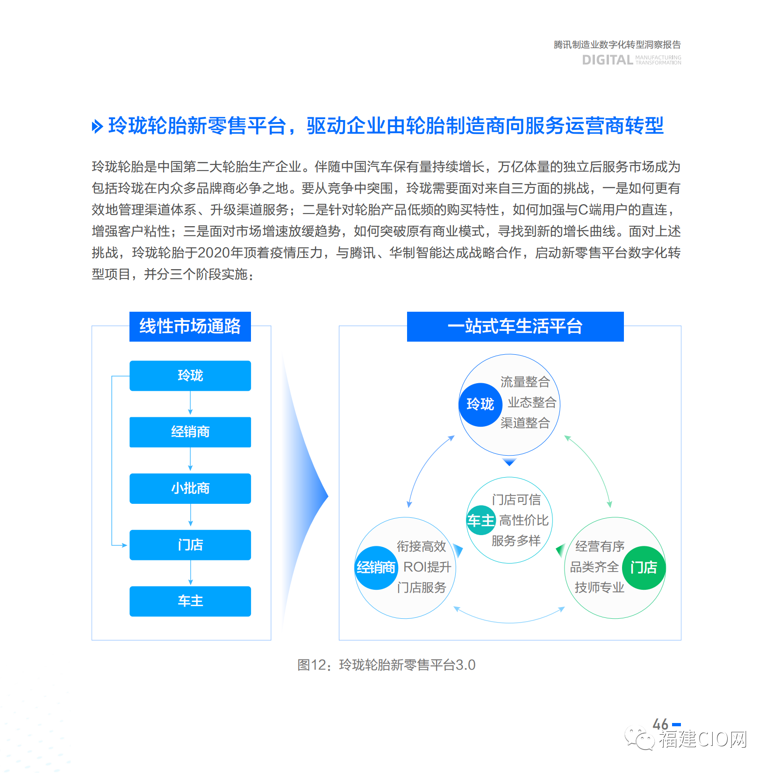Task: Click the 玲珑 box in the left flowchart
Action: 190,376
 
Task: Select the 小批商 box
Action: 190,488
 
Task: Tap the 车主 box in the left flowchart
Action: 190,601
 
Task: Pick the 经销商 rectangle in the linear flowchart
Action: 190,432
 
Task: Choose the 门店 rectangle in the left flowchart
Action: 190,545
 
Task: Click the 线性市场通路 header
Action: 190,326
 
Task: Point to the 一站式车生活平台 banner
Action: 515,326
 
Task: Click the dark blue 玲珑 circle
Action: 480,404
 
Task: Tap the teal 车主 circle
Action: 481,520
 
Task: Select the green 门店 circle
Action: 644,567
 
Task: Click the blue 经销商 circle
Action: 376,567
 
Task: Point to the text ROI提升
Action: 427,567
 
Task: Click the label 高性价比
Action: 523,520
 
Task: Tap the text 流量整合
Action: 525,382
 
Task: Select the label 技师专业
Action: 599,587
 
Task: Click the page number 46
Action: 660,724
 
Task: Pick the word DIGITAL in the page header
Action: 608,60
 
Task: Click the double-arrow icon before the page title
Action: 97,126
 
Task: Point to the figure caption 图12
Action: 312,665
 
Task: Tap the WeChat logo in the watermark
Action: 639,738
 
